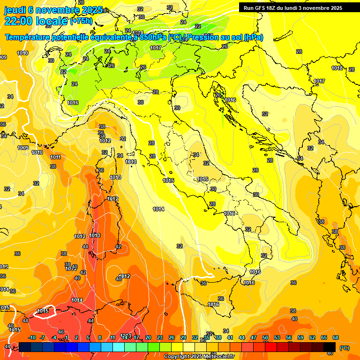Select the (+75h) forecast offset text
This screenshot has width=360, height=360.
[81, 21]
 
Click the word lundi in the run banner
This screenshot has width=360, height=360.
[298, 8]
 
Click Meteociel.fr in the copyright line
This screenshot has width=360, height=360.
[217, 357]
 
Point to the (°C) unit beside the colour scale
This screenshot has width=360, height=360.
[344, 348]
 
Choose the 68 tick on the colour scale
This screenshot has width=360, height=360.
[336, 337]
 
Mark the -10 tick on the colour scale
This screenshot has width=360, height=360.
[32, 337]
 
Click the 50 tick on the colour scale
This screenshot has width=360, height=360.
[265, 337]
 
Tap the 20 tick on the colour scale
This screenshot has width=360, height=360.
[148, 337]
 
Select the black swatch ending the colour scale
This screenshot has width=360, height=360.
[330, 347]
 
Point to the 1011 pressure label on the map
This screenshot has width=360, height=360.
[55, 157]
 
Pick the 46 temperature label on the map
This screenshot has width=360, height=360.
[61, 332]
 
